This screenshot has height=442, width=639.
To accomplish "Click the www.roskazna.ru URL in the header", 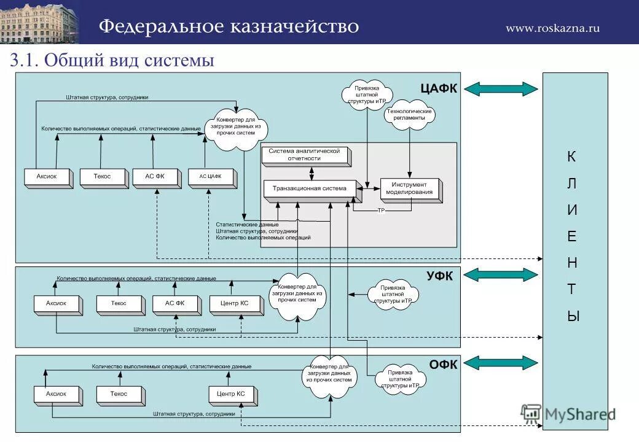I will pos(552,28).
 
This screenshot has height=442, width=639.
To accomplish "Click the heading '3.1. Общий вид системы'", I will pos(111,60).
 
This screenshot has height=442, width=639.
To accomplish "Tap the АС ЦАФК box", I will pos(210,177).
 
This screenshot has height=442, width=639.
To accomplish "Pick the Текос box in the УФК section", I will pos(119,303).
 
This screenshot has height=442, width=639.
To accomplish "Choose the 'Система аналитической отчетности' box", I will pos(304,155).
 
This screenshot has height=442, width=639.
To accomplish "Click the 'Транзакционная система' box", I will pos(309,188).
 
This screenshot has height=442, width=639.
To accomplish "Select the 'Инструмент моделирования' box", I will pos(409,188).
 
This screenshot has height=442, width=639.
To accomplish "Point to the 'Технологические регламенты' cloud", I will pos(409,115).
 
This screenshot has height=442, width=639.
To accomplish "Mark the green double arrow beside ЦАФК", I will pos(501,88).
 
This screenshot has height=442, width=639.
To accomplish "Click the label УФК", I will pos(439,276).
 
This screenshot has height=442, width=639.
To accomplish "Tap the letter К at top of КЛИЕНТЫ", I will pos(572,157).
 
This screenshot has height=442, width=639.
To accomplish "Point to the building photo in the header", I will pos(40,21).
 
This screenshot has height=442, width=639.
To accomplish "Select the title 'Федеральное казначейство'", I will pos(229,26).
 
